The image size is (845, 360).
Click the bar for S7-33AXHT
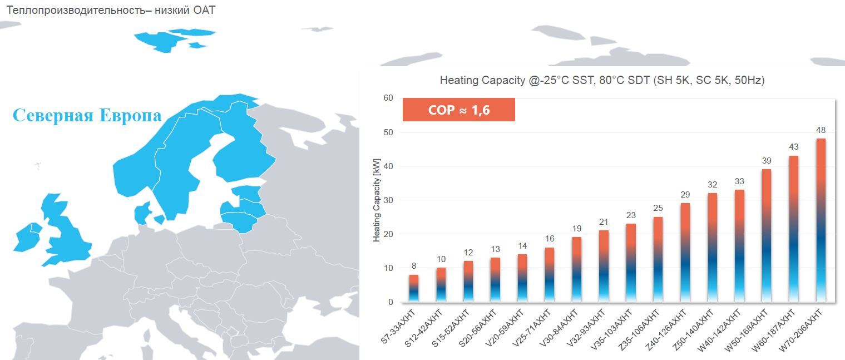click(414, 289)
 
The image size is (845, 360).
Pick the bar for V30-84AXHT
click(577, 270)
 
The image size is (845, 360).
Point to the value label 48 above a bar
click(821, 130)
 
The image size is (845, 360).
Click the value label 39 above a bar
click(767, 161)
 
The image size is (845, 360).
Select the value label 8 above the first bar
click(414, 266)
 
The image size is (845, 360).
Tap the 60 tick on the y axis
click(388, 98)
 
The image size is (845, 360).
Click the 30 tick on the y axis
click(388, 200)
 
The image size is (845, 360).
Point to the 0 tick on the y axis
click(391, 302)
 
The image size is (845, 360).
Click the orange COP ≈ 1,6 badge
click(458, 110)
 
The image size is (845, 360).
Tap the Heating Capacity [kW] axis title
click(377, 199)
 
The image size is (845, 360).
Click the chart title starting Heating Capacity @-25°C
click(602, 80)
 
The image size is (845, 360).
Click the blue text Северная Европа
click(87, 116)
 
